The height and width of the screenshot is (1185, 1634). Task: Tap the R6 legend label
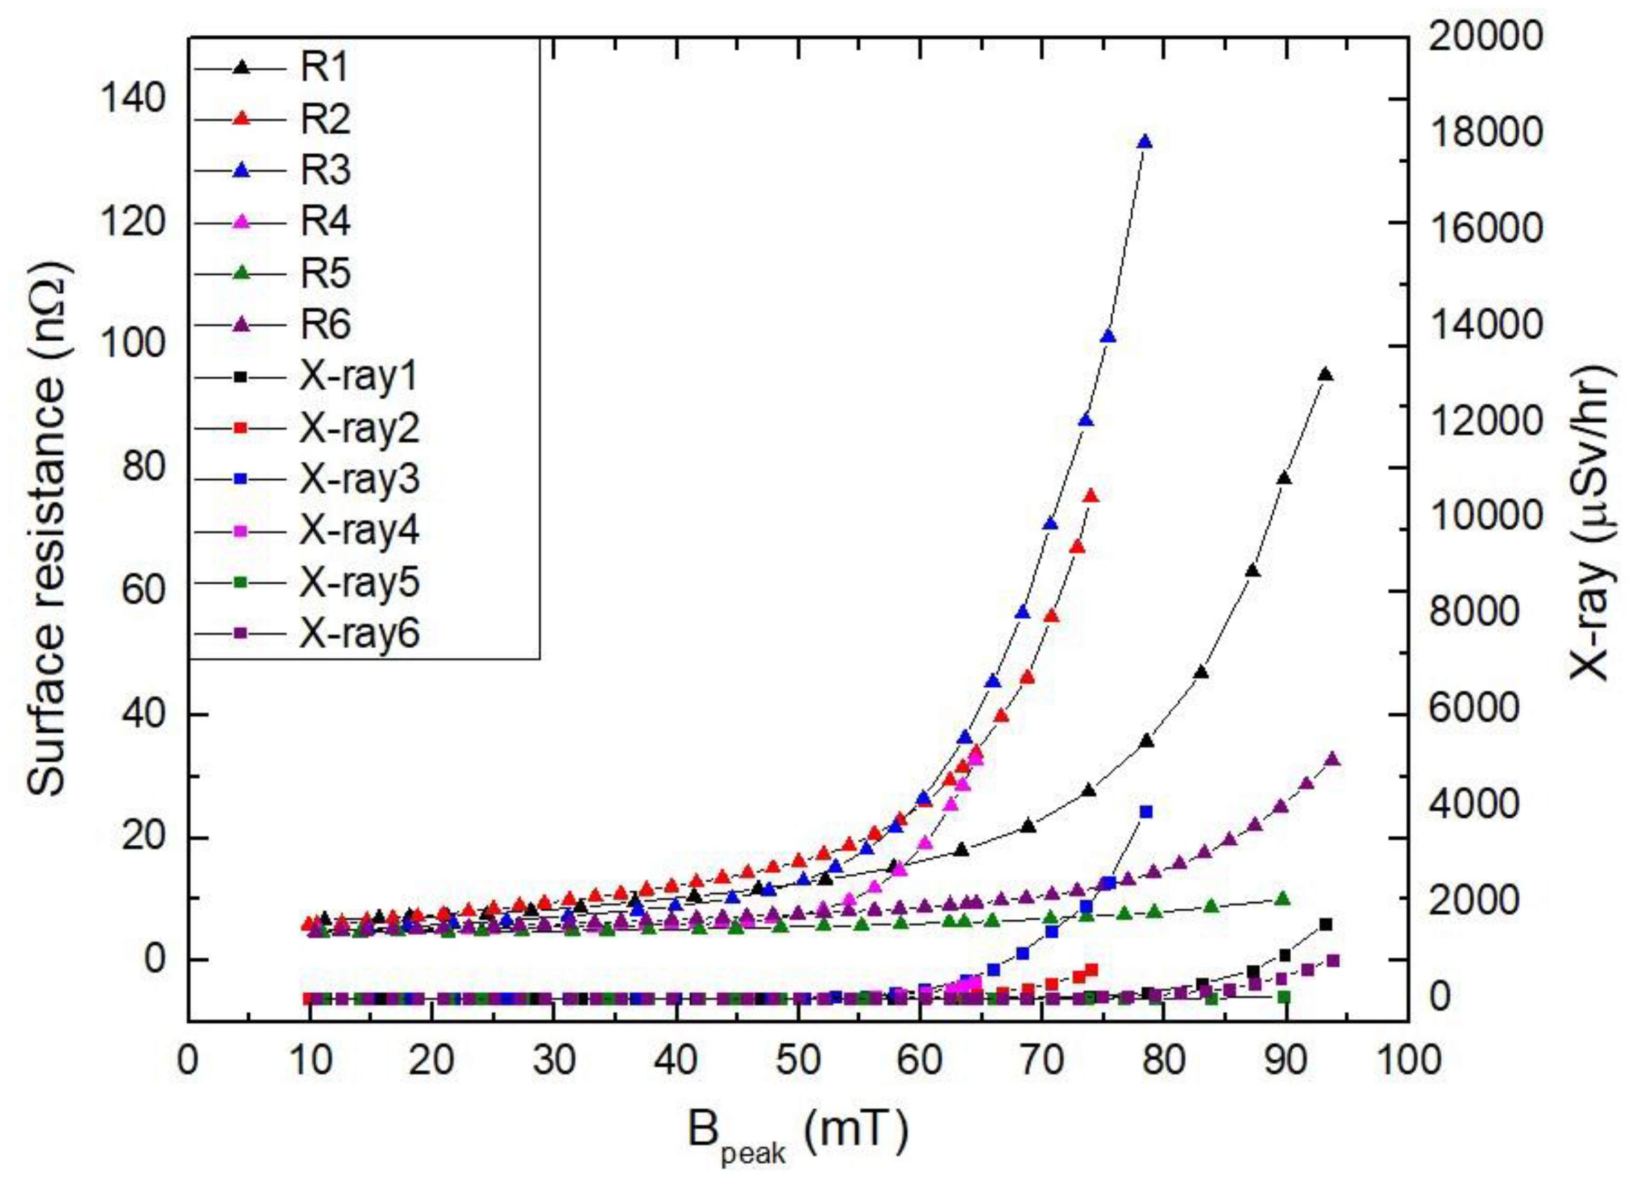pyautogui.click(x=324, y=324)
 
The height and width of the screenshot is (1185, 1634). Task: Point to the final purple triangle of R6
pyautogui.click(x=1332, y=759)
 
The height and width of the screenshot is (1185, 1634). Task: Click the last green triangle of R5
pyautogui.click(x=1282, y=898)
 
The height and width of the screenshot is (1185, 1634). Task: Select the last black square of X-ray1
pyautogui.click(x=1326, y=924)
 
